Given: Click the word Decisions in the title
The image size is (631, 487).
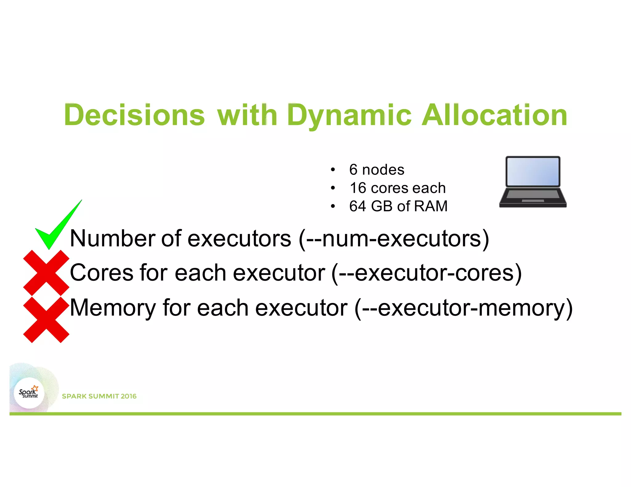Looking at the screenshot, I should point(134,115).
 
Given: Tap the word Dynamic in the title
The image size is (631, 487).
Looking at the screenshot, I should point(349,115).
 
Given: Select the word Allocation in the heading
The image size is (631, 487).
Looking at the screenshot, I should point(494,115).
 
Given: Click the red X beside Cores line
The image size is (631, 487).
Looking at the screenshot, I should point(46,273).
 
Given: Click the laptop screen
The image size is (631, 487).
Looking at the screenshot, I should point(533,171).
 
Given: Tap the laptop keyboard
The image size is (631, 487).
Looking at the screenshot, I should point(533,195).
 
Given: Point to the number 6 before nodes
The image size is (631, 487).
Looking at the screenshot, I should point(353,170).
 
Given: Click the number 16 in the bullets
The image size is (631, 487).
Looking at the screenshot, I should point(358,188).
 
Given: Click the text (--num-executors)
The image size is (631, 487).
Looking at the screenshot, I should point(394,239).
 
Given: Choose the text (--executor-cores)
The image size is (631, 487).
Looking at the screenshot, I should point(426,273).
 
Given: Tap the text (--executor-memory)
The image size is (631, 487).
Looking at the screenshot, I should point(463,308).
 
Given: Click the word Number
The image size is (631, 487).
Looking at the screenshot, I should point(113,239).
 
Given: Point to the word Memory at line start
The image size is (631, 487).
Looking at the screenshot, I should point(113,308).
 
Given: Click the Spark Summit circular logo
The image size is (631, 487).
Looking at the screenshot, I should point(29,393).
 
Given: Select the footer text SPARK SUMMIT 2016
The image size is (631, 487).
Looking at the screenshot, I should point(99,396).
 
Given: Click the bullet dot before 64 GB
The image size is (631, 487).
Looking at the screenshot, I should point(332,206).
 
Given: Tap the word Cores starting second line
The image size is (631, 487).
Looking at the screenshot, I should point(102,273).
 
